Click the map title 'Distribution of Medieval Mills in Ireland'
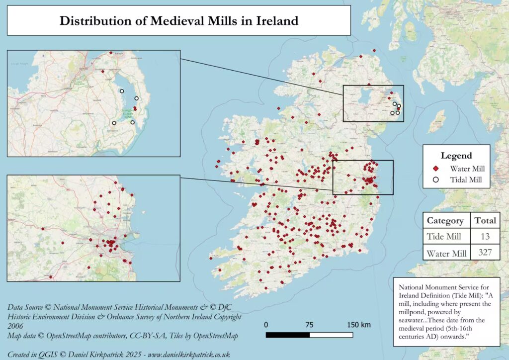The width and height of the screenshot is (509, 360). coord(178,21)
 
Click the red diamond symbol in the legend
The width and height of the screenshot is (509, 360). coord(433,169)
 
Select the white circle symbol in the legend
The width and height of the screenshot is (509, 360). coord(433,180)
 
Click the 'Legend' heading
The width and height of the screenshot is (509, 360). coord(456,156)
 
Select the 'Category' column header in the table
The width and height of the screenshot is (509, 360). coord(445,221)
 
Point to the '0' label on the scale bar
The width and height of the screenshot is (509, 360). coord(266,325)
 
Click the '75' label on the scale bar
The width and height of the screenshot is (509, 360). coord(309,325)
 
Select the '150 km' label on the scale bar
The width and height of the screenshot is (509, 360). coord(358,325)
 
